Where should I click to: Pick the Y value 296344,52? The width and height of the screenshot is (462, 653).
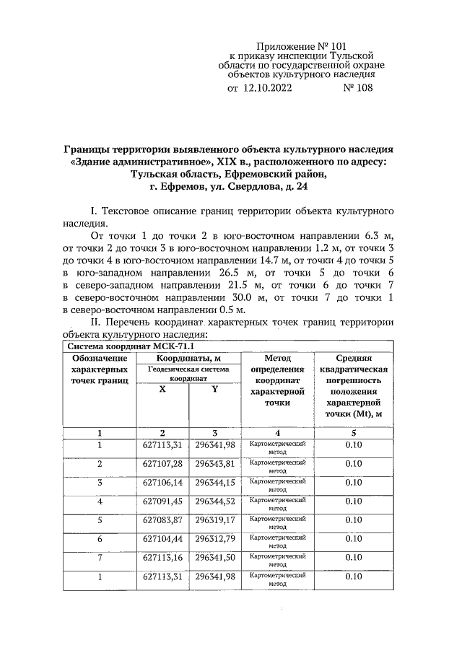215,501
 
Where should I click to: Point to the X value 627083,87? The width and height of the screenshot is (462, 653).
162,520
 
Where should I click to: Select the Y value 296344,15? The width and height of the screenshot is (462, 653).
215,481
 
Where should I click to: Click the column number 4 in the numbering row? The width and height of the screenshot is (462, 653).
277,432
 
